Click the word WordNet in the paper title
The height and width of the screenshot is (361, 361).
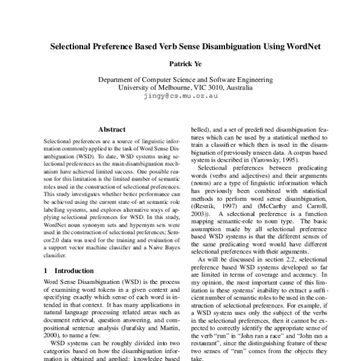click(294, 46)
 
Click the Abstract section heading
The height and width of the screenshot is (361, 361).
click(112, 129)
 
